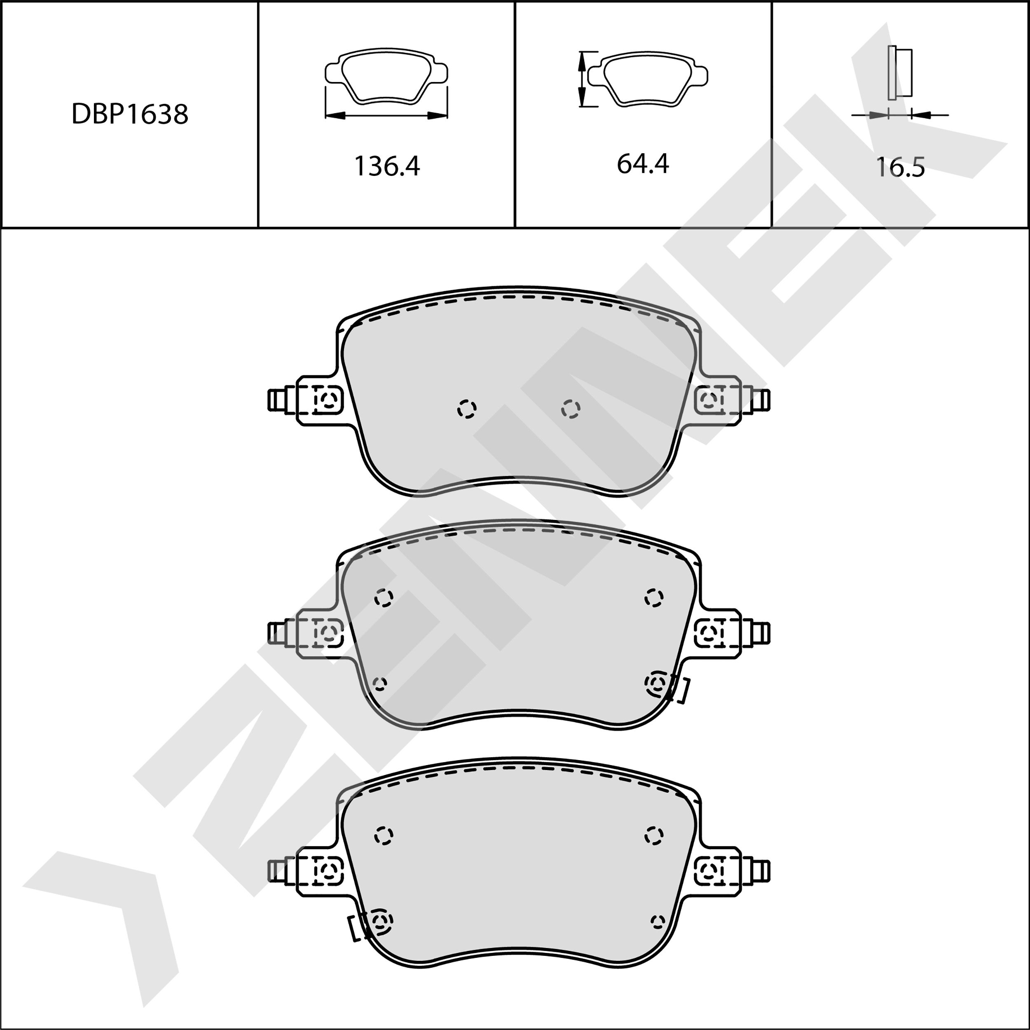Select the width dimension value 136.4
pos(387,166)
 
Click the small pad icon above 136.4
pos(386,76)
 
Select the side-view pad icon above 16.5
pos(900,73)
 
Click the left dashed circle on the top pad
pos(467,409)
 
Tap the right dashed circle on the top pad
pos(571,409)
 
